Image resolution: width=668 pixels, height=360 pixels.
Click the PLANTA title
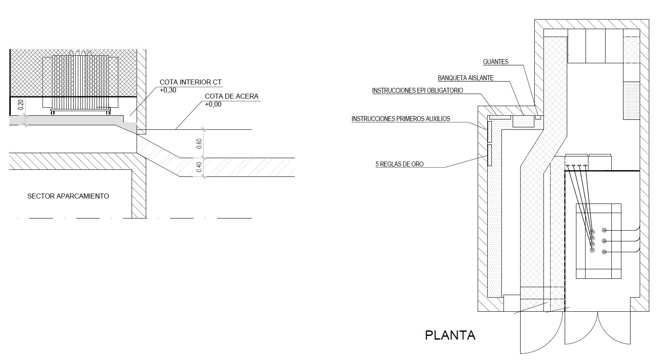[x=450, y=335]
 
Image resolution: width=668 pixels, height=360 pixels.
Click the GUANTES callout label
[x=496, y=62]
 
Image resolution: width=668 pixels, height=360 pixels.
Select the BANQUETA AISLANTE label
[x=466, y=78]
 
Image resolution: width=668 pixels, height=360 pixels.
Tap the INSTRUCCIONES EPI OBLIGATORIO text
[x=417, y=91]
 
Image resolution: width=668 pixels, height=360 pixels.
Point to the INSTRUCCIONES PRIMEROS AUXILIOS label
[x=401, y=119]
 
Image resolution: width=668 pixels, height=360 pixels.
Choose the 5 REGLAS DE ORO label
[x=399, y=164]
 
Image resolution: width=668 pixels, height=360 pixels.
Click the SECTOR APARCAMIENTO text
[x=68, y=196]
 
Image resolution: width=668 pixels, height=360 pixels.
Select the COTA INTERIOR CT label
[x=190, y=82]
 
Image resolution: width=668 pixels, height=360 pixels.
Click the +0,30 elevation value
[x=168, y=90]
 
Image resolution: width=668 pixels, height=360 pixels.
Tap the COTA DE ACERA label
[x=232, y=96]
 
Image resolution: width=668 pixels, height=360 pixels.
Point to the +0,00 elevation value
[x=213, y=104]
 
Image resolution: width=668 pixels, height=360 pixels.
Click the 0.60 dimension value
[x=199, y=144]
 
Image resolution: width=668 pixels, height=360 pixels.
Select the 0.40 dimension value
[x=199, y=167]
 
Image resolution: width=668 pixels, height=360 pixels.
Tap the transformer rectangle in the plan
[x=598, y=241]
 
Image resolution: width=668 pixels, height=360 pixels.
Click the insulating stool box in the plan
[x=523, y=121]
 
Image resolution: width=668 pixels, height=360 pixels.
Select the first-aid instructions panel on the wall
[x=490, y=131]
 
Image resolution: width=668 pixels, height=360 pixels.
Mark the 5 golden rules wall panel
[x=490, y=155]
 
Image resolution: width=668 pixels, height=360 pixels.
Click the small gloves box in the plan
[x=538, y=117]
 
